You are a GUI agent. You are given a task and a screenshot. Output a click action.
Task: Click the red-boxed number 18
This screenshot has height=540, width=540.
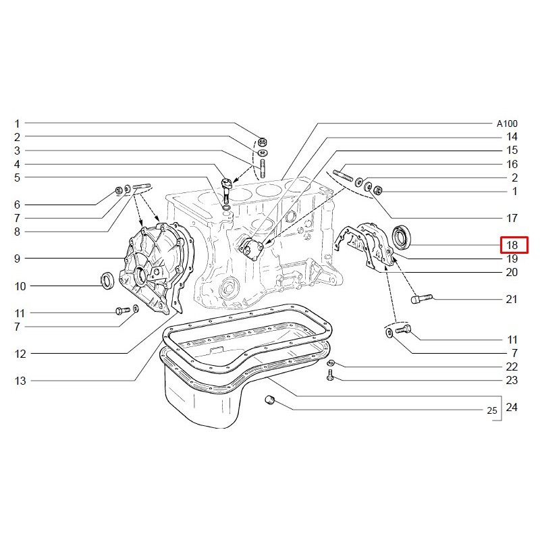pos(512,245)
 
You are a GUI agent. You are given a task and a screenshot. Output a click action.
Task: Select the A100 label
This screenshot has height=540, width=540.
pos(507,124)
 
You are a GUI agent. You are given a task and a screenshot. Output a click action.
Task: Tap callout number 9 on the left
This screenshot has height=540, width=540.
pos(18,259)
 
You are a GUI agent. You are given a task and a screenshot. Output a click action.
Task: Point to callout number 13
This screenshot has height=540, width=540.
pos(20,381)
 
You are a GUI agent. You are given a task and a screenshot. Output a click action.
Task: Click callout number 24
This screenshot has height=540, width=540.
pos(512,408)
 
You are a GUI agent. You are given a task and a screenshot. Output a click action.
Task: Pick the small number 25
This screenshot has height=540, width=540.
pos(492,410)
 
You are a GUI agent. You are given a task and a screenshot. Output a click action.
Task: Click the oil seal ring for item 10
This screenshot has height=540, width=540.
pos(108,280)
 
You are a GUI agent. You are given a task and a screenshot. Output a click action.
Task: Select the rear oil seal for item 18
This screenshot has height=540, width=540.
pos(401,237)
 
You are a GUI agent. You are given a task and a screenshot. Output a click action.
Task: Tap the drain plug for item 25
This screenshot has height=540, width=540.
pos(270,400)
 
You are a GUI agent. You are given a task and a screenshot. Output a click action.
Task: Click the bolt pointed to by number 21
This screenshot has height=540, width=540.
pos(421,298)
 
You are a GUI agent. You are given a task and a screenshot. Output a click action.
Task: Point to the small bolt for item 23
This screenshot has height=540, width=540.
pos(330,375)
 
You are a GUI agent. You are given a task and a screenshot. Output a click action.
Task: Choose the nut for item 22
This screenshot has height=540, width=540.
pos(329,362)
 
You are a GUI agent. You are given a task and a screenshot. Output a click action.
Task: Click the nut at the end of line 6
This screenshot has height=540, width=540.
pos(119,190)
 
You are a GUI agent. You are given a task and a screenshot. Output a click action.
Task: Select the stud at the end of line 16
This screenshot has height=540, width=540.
pos(343,175)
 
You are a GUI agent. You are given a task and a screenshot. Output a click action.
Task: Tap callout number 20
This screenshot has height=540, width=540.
pos(512,273)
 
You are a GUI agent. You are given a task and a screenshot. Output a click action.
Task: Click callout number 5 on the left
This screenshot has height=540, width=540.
pos(18,178)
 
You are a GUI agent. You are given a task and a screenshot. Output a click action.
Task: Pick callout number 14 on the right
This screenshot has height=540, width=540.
pos(512,137)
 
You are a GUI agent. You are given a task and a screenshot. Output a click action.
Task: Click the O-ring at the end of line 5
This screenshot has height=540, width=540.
pos(227,208)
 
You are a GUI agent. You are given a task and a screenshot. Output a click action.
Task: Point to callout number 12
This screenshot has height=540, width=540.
pos(20,354)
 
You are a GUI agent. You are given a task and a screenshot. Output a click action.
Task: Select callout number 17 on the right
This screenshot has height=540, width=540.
pos(512,218)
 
